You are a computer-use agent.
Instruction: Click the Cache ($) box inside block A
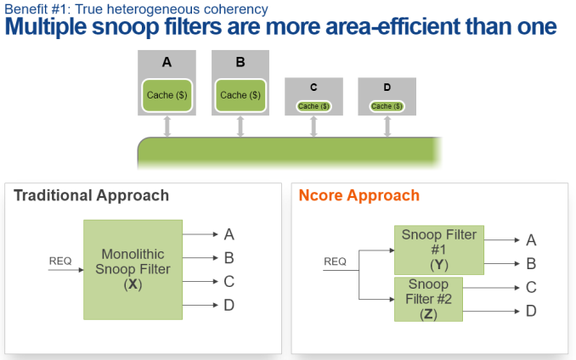(167, 95)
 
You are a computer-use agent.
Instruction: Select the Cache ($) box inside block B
(240, 95)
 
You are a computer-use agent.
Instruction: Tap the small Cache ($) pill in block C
(313, 106)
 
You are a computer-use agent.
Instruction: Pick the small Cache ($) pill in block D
(387, 106)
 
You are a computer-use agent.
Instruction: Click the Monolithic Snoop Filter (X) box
(133, 270)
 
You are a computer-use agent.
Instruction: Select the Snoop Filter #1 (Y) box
(439, 250)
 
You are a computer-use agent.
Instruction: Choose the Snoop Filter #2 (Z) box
(428, 299)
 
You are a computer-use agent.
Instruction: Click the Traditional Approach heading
(91, 195)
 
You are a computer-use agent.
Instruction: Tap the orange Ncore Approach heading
(359, 195)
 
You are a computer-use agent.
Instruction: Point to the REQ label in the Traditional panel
(60, 261)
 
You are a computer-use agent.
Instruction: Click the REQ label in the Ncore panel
(335, 262)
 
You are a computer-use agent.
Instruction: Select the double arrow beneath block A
(167, 127)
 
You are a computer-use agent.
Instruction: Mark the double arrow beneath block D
(387, 127)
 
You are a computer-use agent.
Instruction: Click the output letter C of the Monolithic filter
(229, 282)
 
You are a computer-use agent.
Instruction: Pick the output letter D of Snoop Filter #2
(531, 312)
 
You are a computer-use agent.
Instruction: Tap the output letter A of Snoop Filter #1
(531, 240)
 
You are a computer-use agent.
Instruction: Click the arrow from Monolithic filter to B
(200, 258)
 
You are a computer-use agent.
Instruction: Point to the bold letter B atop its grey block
(240, 62)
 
